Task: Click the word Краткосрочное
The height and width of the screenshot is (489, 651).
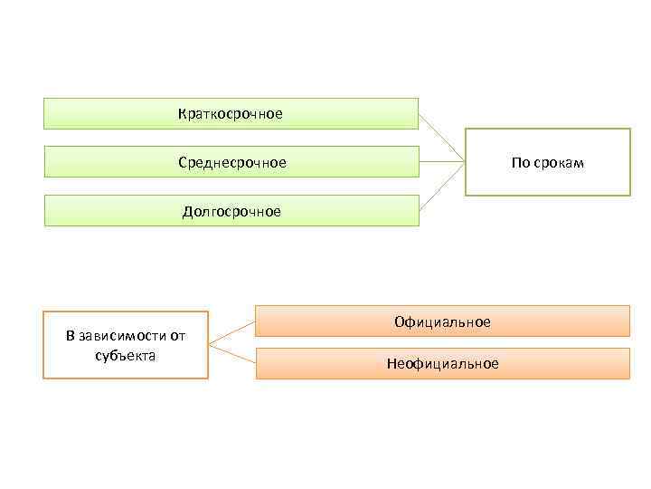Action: [231, 114]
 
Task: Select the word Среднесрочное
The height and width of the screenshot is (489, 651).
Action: [231, 163]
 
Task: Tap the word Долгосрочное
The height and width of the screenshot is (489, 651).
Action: [231, 212]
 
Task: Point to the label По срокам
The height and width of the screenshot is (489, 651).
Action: [547, 163]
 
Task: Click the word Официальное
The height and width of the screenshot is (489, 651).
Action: [442, 322]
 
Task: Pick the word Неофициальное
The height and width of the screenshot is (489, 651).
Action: [442, 364]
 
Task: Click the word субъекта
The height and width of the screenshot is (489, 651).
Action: [126, 355]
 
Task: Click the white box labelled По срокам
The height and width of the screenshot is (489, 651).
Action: [547, 181]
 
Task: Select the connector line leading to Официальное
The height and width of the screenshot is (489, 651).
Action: [231, 332]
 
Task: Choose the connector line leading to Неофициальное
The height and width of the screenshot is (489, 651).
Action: [231, 354]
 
